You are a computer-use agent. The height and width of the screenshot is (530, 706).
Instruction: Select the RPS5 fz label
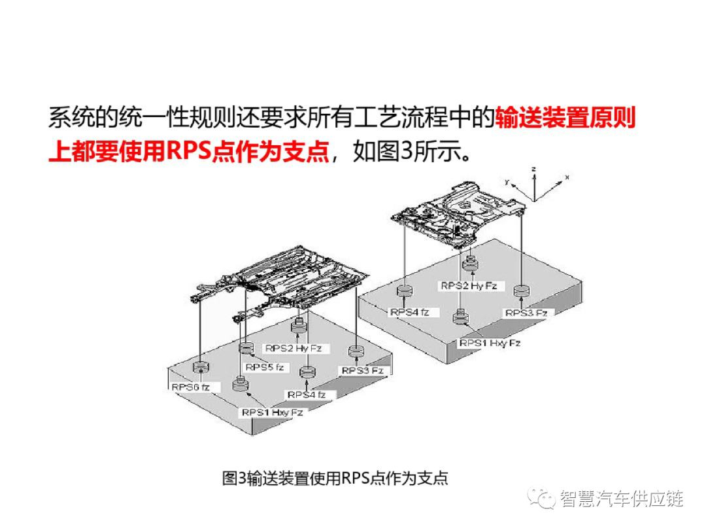tap(265, 367)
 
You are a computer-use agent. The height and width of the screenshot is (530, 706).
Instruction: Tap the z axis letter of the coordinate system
tap(534, 169)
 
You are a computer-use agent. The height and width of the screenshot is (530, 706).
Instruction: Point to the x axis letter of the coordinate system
tap(567, 177)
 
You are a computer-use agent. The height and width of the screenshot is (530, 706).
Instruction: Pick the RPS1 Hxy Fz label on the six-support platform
tap(272, 412)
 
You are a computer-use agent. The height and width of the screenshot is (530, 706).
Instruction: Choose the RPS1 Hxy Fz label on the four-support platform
tap(490, 343)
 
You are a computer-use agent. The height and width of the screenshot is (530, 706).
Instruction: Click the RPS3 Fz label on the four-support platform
tap(526, 313)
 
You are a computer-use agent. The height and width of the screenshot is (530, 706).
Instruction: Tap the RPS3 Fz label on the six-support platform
tap(361, 370)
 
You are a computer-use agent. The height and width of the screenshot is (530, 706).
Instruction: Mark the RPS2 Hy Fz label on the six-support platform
tap(294, 348)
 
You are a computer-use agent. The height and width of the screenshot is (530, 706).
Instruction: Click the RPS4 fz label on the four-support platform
tap(410, 312)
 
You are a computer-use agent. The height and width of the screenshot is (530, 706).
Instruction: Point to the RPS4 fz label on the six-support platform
tap(307, 395)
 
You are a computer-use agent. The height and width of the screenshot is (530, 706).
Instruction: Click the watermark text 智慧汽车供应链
tap(620, 499)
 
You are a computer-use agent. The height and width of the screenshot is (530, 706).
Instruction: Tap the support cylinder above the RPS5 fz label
tap(246, 347)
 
